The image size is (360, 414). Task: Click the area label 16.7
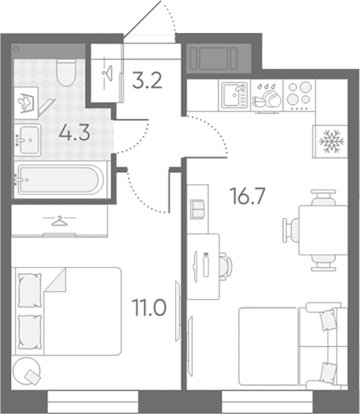pos(247,196)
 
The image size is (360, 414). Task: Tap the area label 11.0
pos(150,308)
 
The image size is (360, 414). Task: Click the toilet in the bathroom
pos(66,72)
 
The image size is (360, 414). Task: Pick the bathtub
pos(60,179)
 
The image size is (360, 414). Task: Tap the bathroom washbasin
pos(28,140)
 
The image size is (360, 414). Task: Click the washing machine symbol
pos(26,103)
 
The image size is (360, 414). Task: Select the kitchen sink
pos(234,95)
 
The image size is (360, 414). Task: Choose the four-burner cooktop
pos(299,95)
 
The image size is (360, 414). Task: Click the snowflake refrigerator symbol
pos(332,142)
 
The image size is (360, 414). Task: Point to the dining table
pos(323,230)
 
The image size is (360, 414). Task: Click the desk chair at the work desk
pos(225,266)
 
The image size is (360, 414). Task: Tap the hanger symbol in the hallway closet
pos(107,72)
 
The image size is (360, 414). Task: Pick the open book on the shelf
pos(197,209)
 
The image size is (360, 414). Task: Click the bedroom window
pos(93,401)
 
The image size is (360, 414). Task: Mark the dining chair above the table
pos(323,197)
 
